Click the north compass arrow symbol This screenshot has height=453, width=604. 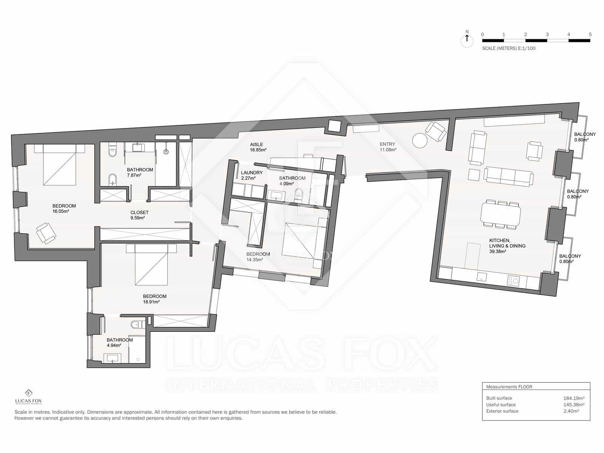467,39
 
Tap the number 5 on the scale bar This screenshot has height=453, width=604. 590,34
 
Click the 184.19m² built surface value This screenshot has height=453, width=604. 574,398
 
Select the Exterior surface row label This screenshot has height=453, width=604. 502,411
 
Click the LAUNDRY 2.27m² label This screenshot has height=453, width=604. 251,175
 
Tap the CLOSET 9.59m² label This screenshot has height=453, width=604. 139,215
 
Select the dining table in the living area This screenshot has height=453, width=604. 501,214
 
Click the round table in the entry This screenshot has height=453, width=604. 420,141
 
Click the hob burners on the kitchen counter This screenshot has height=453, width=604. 513,280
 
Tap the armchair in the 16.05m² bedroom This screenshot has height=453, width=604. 46,233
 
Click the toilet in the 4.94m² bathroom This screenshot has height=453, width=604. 136,324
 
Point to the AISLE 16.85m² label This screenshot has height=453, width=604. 258,147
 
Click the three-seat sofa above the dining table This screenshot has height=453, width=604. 508,176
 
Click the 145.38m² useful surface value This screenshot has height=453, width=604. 574,405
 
